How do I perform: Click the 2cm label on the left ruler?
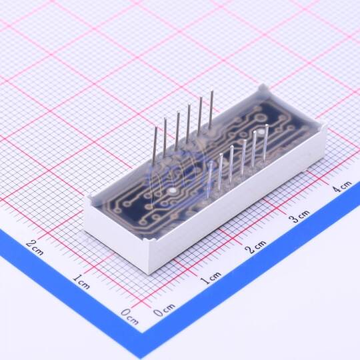35,247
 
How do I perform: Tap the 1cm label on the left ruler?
81,281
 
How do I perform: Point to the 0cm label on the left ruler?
130,317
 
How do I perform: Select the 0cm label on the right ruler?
164,309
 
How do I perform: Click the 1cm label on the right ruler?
211,277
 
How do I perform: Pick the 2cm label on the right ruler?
256,246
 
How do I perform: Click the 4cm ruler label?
342,187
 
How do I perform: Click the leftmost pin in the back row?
155,145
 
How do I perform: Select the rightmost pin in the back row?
211,111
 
